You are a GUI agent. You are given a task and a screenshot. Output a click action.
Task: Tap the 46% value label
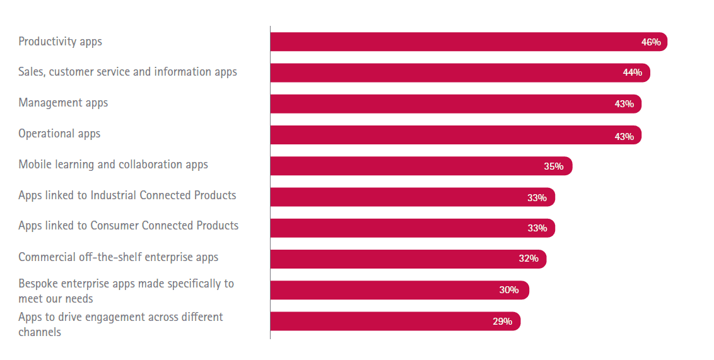651,42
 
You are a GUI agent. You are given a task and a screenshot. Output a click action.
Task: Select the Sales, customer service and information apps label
127,72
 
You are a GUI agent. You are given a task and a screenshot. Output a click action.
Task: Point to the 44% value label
633,73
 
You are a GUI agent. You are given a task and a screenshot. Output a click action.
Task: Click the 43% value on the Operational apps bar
624,136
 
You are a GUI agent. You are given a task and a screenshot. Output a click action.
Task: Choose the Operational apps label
59,134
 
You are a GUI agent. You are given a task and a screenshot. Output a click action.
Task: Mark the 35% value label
554,166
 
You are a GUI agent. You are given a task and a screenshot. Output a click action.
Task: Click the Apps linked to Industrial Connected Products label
127,195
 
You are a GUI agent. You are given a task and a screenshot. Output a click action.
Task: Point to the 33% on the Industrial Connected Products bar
537,197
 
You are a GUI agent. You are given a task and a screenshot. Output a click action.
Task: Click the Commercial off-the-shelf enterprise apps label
118,257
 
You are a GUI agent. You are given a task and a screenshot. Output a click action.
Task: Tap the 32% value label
529,258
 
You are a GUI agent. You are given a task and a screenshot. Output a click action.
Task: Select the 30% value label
509,290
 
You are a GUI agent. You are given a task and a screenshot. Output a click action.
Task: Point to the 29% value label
503,321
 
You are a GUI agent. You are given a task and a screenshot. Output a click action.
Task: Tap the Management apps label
63,103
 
